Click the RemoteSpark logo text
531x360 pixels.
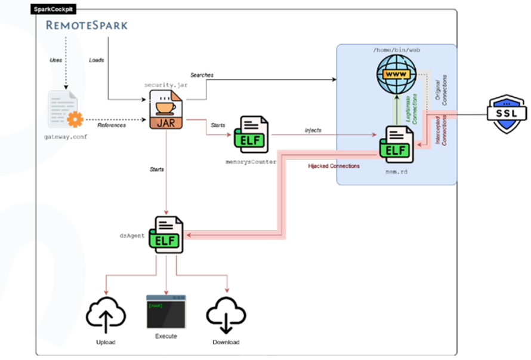pyautogui.click(x=87, y=25)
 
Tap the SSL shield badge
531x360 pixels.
pyautogui.click(x=506, y=113)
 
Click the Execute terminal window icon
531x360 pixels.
pyautogui.click(x=166, y=312)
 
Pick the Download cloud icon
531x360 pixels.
pyautogui.click(x=226, y=316)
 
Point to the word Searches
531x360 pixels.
pyautogui.click(x=202, y=75)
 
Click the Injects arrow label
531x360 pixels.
pyautogui.click(x=313, y=130)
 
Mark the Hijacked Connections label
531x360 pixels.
pyautogui.click(x=334, y=166)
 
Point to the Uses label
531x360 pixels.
pyautogui.click(x=56, y=60)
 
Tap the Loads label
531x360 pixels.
pyautogui.click(x=96, y=60)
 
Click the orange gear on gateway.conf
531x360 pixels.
pyautogui.click(x=75, y=119)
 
